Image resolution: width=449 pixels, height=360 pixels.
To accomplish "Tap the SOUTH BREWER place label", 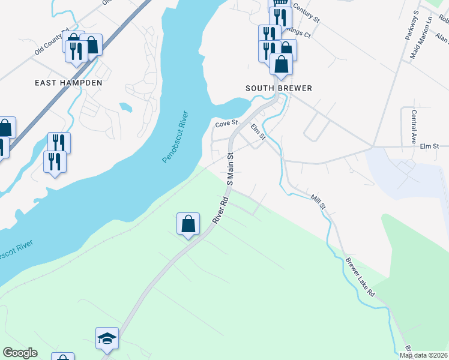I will pos(279,88).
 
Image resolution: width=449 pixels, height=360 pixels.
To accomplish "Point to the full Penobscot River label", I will pos(175,137).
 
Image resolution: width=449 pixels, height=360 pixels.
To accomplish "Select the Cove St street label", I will pos(227,123).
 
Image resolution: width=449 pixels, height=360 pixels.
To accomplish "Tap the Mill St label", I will pos(318,202).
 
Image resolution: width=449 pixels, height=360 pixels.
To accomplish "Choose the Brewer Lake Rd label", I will pos(360,277).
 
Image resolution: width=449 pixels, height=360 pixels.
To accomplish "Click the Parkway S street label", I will pos(411,25).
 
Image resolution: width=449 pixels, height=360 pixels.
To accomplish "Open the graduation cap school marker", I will pos(107,339).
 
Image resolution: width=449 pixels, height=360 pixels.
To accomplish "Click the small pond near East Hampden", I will pos(126,107).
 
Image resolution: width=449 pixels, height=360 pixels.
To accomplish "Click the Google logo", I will pos(20,353).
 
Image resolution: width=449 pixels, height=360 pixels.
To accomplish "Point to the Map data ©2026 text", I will pos(423,355).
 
